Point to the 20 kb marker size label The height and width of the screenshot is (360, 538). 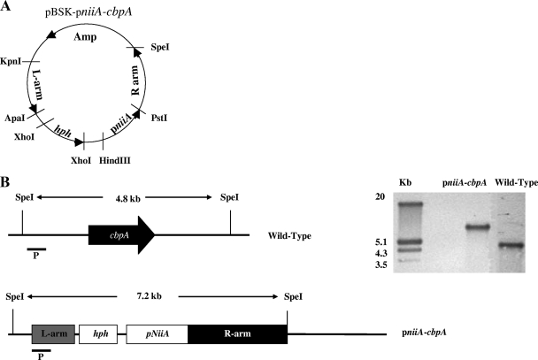(x=360, y=195)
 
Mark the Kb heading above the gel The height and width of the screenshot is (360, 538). (x=406, y=183)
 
